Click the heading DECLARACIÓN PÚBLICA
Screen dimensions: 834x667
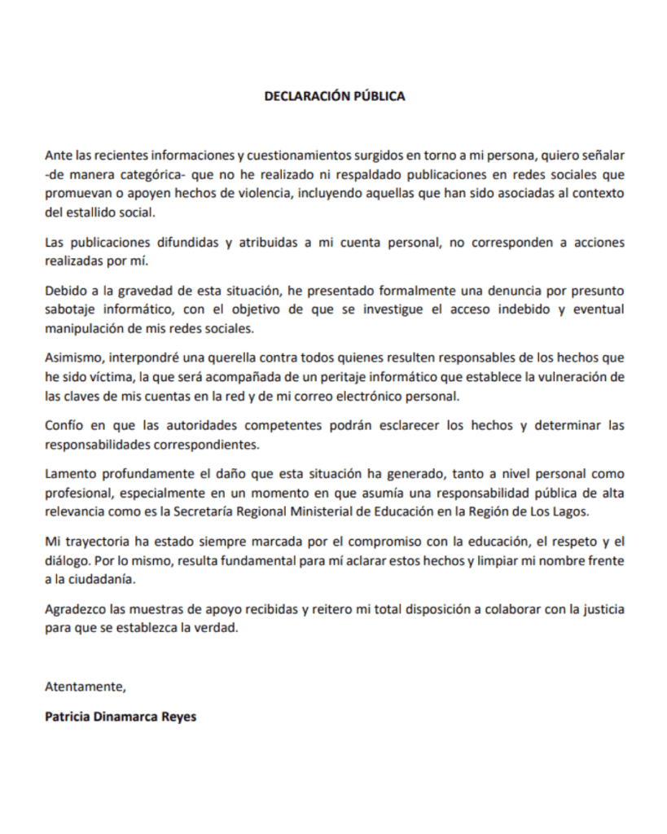tap(334, 96)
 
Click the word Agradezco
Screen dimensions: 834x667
tap(77, 609)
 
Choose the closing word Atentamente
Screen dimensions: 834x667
tap(86, 686)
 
